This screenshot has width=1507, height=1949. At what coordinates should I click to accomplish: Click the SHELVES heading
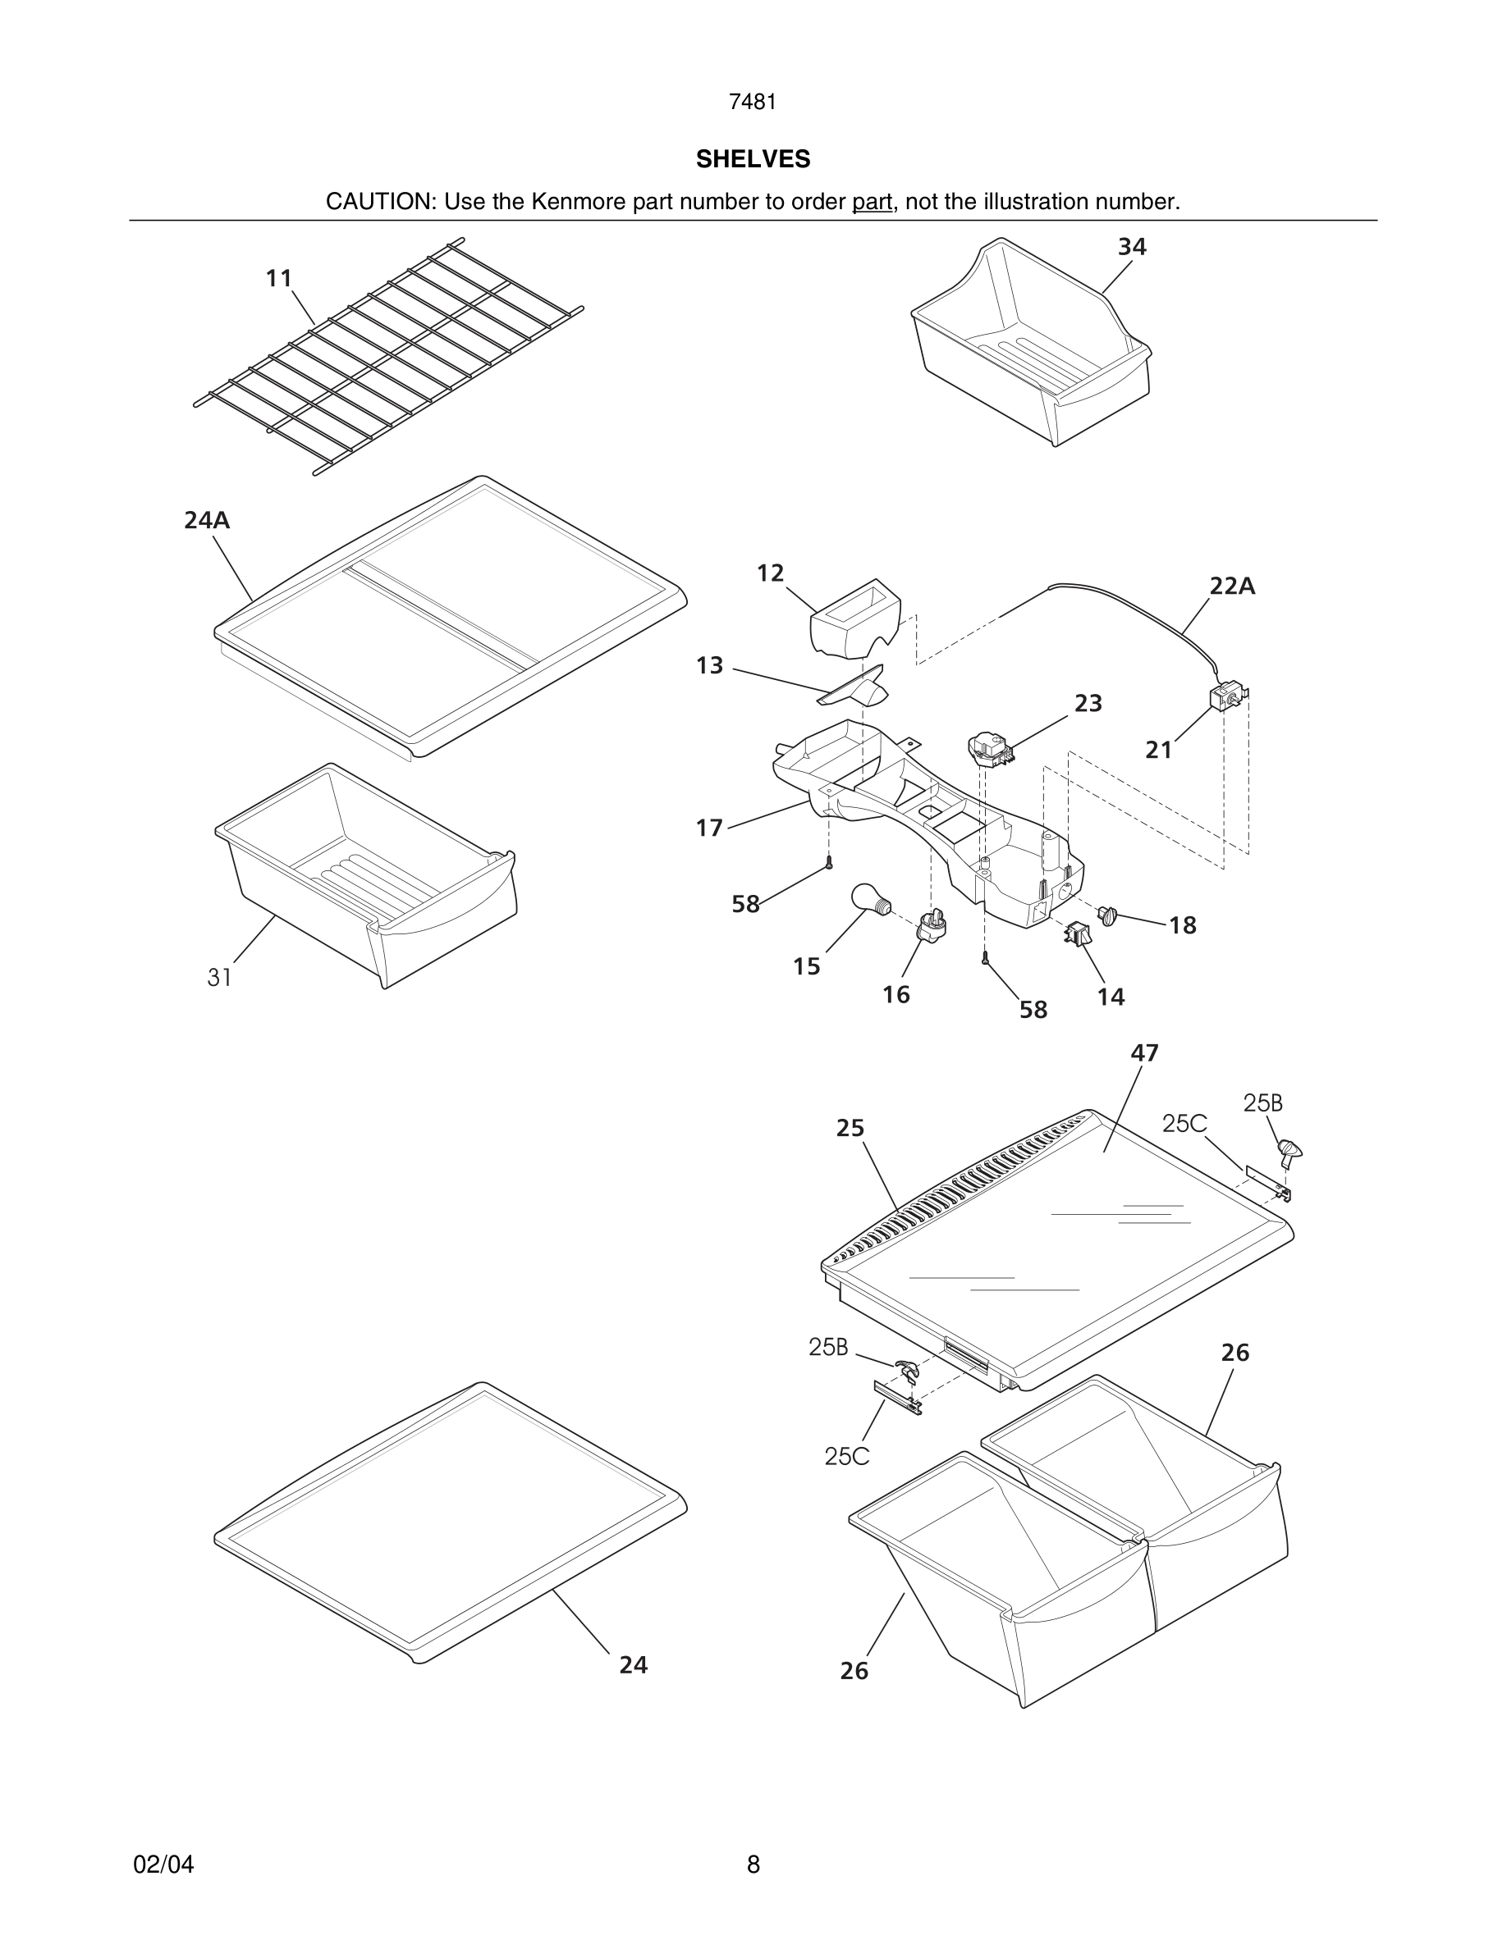pyautogui.click(x=753, y=159)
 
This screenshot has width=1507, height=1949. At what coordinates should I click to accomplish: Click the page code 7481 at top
pyautogui.click(x=753, y=102)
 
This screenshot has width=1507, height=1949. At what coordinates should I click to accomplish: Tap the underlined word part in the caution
pyautogui.click(x=872, y=202)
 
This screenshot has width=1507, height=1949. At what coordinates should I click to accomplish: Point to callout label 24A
pyautogui.click(x=207, y=519)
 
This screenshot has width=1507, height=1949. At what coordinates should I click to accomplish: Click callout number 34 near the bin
pyautogui.click(x=1131, y=246)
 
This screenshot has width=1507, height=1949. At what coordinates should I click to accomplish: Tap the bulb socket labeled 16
pyautogui.click(x=930, y=928)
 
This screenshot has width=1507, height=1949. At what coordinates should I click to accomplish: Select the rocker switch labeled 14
pyautogui.click(x=1078, y=934)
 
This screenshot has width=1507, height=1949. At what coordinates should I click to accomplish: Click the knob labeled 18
pyautogui.click(x=1108, y=915)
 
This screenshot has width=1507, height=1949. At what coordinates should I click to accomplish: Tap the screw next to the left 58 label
pyautogui.click(x=828, y=862)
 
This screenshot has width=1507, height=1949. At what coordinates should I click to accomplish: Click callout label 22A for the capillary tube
pyautogui.click(x=1232, y=587)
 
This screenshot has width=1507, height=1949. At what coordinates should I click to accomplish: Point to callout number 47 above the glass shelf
pyautogui.click(x=1143, y=1053)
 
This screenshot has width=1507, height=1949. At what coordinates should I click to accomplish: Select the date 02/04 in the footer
pyautogui.click(x=163, y=1865)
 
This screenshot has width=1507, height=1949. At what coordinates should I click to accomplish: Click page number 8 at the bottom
pyautogui.click(x=753, y=1865)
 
